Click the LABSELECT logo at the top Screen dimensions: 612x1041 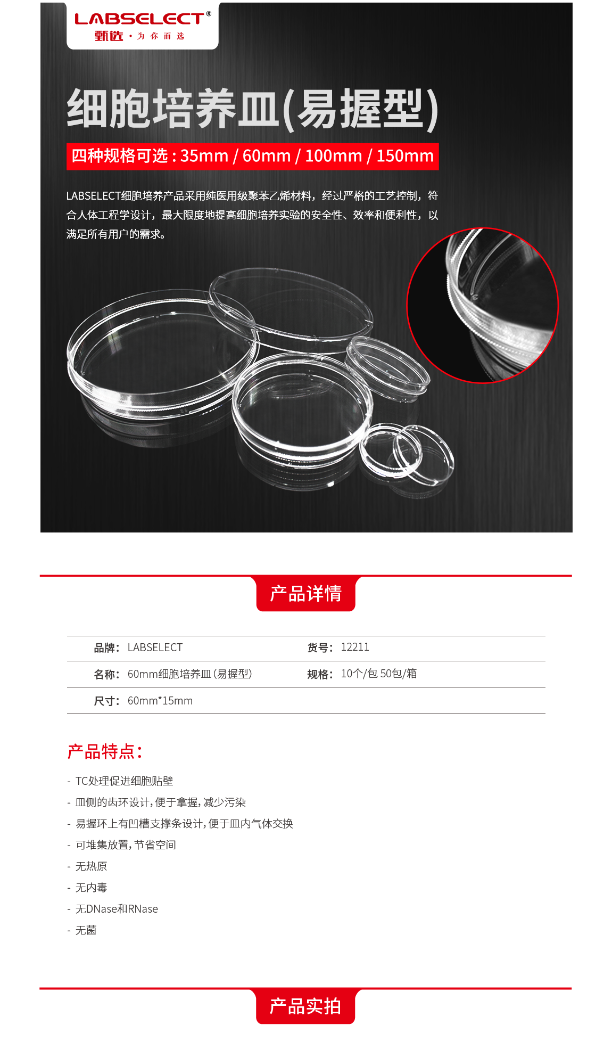pos(143,26)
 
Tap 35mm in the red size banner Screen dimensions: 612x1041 pos(204,156)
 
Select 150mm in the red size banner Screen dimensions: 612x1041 pos(405,156)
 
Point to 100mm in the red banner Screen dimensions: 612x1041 pos(334,156)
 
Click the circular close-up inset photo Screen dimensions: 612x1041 pos(483,305)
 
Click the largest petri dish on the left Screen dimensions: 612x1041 pos(162,354)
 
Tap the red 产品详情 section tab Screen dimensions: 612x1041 pos(306,593)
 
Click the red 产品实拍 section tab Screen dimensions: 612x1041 pos(305,1006)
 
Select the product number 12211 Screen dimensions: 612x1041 pos(355,647)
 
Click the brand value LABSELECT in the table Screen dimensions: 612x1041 pos(155,647)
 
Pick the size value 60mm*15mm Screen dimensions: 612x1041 pos(160,701)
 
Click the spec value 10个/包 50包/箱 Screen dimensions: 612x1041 pos(379,674)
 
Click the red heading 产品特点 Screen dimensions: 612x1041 pos(105,751)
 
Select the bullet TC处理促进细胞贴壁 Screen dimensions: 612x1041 pos(125,781)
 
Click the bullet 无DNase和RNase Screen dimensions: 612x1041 pos(117,909)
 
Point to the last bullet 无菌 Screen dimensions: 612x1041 pos(86,930)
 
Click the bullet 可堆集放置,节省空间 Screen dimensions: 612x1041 pos(126,845)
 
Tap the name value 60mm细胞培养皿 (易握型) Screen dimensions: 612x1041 pos(190,674)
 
